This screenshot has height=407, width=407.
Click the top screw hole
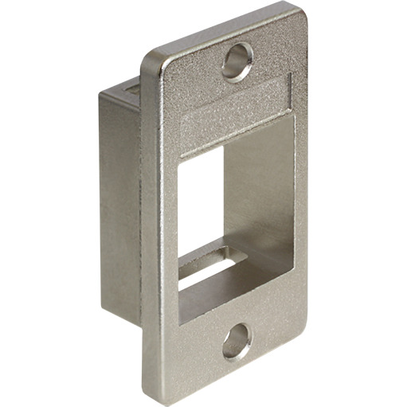coord(237,61)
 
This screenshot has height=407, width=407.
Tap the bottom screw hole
coord(237,343)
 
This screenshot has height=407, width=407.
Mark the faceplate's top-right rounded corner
coord(300,13)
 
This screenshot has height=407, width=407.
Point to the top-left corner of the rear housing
coord(101,92)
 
